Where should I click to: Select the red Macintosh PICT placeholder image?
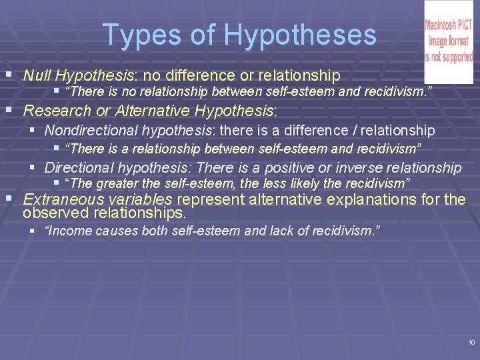[x=449, y=41]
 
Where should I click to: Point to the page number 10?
[x=471, y=343]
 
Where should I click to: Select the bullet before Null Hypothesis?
[x=9, y=74]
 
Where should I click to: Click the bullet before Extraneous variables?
[x=9, y=198]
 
